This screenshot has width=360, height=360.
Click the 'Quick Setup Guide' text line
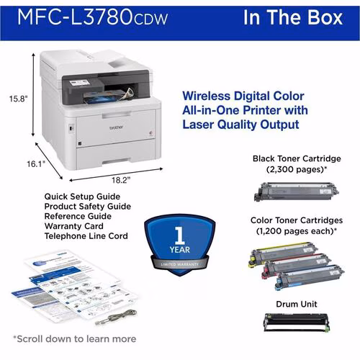pos(81,196)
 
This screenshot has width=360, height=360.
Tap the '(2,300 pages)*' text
pos(296,170)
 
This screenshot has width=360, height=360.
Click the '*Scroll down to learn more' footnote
pos(74,338)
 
